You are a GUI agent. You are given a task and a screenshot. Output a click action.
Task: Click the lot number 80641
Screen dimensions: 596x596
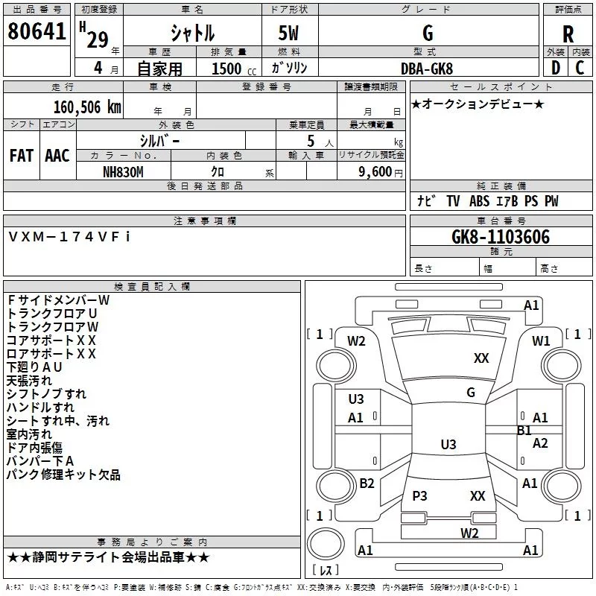(37, 31)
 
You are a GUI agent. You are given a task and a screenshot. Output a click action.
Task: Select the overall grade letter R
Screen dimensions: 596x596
(568, 34)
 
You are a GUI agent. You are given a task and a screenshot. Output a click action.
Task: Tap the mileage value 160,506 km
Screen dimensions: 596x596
(87, 107)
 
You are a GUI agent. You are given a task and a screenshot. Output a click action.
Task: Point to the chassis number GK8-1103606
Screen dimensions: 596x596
(501, 237)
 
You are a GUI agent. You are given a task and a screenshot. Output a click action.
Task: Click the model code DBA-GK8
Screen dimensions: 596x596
(427, 69)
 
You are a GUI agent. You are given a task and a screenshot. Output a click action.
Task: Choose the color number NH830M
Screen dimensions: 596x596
(123, 172)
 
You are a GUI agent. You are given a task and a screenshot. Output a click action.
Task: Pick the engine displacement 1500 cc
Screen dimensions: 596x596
(234, 69)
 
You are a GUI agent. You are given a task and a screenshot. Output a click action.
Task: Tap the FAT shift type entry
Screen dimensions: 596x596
(22, 156)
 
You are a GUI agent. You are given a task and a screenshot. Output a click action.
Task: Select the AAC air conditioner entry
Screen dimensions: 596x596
(57, 156)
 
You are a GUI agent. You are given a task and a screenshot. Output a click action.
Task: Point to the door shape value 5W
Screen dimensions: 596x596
(288, 33)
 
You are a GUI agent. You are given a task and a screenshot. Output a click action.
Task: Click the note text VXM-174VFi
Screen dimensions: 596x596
(69, 237)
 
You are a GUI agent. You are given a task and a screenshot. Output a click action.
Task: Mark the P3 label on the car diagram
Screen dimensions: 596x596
(419, 495)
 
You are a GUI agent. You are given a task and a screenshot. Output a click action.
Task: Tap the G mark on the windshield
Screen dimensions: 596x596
(471, 393)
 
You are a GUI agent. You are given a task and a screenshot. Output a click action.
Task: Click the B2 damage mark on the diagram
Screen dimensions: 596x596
(367, 483)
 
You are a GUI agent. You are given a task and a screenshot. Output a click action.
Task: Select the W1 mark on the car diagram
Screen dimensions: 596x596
(541, 341)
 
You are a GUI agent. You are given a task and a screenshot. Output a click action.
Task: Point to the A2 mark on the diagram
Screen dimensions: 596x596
(540, 443)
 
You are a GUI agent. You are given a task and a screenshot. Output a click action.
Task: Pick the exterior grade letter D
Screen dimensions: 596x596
(556, 68)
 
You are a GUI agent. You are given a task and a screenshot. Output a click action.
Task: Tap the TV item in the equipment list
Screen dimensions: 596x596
(453, 201)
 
